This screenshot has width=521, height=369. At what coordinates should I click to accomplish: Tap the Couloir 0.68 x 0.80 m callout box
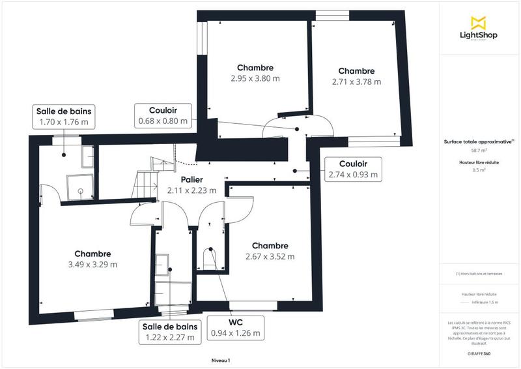(163, 115)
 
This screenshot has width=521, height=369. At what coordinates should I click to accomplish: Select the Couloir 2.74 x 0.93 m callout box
(353, 169)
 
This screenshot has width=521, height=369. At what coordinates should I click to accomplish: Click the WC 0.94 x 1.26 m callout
(236, 327)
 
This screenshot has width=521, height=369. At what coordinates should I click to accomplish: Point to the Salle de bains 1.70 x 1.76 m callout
(63, 116)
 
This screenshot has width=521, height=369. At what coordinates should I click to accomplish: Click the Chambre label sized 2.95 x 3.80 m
(255, 73)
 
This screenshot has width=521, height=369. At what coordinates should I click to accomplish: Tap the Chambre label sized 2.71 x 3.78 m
(356, 76)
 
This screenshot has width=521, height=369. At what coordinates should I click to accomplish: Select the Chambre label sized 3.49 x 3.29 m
(92, 259)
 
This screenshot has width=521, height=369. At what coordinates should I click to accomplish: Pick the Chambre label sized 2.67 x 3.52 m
(270, 251)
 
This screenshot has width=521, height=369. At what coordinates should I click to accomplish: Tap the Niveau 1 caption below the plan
(221, 360)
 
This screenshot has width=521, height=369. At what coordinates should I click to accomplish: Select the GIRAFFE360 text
(479, 353)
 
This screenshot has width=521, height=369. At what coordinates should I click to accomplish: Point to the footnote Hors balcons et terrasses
(479, 274)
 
